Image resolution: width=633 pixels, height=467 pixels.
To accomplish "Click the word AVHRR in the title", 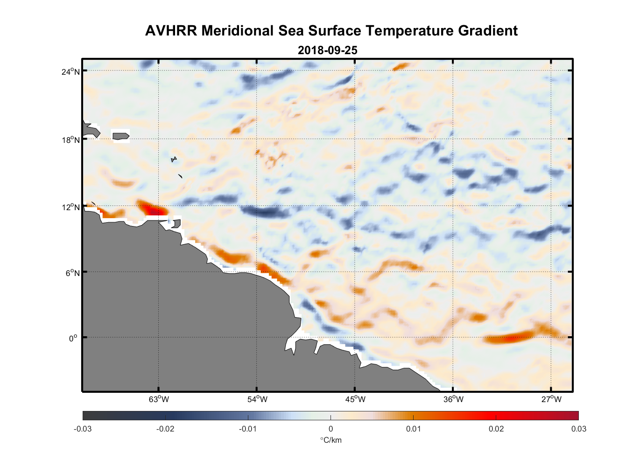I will click(x=171, y=31).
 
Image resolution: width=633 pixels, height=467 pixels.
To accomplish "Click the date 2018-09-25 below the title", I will click(x=327, y=50).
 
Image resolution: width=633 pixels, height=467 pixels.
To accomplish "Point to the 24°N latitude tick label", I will click(x=70, y=71).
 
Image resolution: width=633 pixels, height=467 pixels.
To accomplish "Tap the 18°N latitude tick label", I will click(x=70, y=140).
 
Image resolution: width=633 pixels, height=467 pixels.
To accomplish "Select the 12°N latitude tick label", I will click(x=70, y=207).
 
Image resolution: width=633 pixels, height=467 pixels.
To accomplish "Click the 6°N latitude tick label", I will click(x=72, y=273).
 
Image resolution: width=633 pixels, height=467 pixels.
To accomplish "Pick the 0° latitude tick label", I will click(x=73, y=339).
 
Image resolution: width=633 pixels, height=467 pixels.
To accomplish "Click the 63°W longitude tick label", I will click(x=159, y=399).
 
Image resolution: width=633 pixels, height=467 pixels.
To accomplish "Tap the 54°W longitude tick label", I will click(x=257, y=399).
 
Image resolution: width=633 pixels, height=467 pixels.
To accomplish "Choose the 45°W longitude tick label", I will click(x=355, y=399).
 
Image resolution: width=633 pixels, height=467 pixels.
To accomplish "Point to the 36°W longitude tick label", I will click(x=453, y=399).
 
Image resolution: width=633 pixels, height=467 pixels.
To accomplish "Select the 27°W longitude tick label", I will click(x=551, y=399).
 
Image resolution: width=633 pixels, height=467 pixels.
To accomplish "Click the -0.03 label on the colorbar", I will click(x=83, y=429).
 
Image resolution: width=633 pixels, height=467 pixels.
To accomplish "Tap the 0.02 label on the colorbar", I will click(x=496, y=429).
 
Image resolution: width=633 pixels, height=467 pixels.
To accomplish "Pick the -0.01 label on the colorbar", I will click(x=248, y=429).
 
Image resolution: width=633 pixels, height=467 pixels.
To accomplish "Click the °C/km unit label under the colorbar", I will click(x=331, y=440).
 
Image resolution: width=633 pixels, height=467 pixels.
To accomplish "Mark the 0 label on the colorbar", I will click(x=331, y=429).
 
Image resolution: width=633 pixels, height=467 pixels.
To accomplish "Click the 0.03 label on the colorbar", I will click(x=578, y=429).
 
